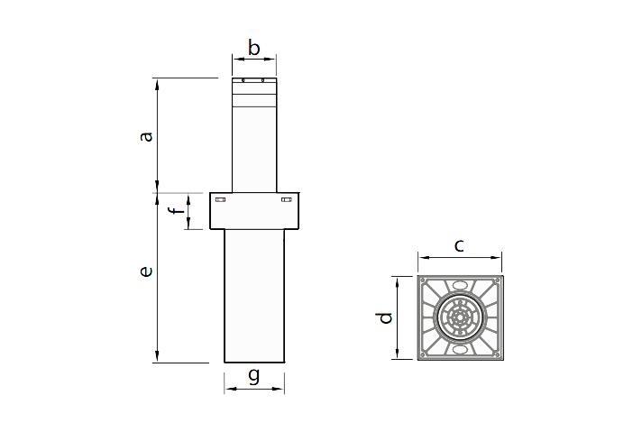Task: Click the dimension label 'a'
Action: [146, 136]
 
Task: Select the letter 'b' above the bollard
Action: [254, 48]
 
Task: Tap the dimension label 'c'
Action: [459, 245]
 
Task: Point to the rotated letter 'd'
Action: [384, 317]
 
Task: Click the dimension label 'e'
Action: [146, 271]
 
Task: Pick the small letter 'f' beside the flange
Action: [177, 210]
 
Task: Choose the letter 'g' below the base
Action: [254, 376]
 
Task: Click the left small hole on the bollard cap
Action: [243, 80]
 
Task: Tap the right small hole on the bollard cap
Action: [263, 80]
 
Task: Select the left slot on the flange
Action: [221, 199]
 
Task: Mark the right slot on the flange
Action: [287, 199]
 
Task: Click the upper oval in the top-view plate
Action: [461, 285]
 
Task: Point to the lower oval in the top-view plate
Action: [461, 349]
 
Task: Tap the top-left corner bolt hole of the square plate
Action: [424, 280]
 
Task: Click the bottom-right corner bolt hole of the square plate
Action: [498, 354]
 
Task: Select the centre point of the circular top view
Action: [461, 317]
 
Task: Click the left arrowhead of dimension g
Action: [228, 389]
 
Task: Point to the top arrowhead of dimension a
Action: [158, 83]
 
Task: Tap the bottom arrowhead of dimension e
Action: [158, 357]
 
